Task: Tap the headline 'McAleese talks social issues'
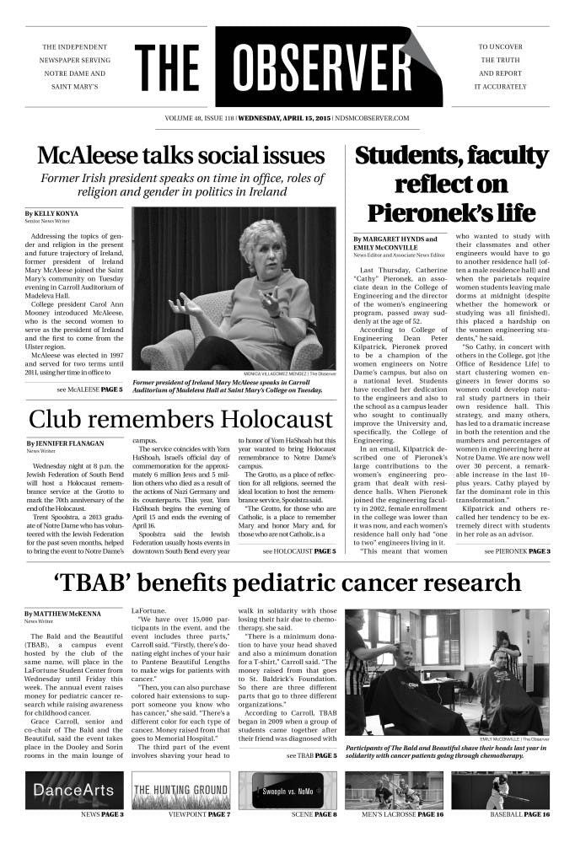pos(181,156)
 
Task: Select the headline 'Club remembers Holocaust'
pos(181,419)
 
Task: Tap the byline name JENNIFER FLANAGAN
pos(68,443)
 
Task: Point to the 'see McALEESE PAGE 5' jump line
pos(89,390)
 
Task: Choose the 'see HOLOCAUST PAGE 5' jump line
pos(298,551)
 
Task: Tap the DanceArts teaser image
pos(75,790)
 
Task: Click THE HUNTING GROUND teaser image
pos(181,790)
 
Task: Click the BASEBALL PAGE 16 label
pos(519,815)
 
